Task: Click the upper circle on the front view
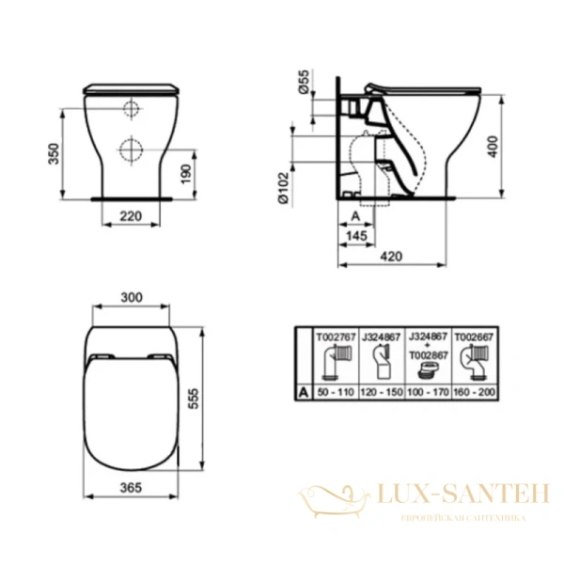pyautogui.click(x=132, y=109)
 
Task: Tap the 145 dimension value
pyautogui.click(x=355, y=235)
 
